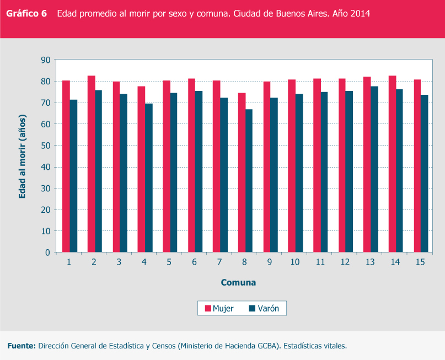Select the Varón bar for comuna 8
[249, 181]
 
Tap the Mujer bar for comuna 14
[392, 164]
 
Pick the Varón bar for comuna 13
[374, 169]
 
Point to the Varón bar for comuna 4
[149, 178]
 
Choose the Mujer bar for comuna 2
[91, 164]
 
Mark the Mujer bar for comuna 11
[317, 165]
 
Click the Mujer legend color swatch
[208, 309]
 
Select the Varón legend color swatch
[253, 309]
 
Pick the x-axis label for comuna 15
[420, 262]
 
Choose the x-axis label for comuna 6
[194, 262]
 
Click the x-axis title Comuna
[238, 283]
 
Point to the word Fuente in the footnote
[21, 346]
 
